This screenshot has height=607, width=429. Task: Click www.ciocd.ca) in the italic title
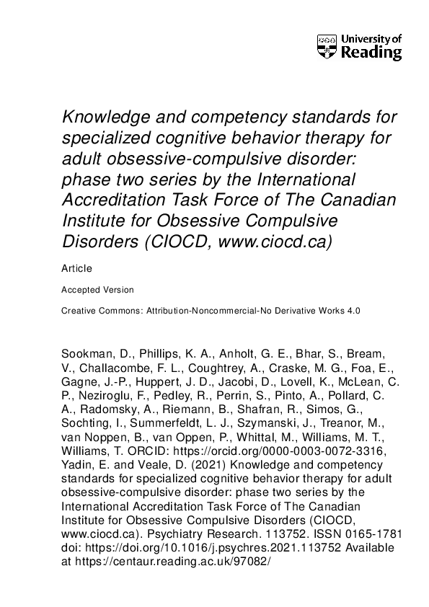(x=276, y=239)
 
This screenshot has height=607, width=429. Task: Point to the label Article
(x=77, y=269)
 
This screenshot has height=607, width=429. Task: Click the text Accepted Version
(x=98, y=290)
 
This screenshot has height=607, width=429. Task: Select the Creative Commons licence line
(x=211, y=310)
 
